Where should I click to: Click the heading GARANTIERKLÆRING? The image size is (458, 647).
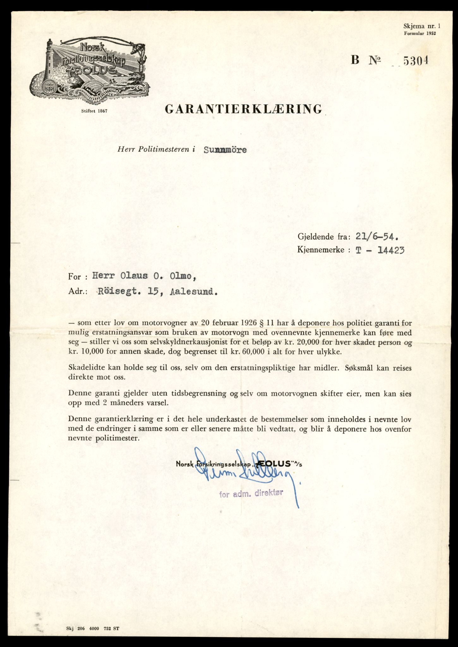243,109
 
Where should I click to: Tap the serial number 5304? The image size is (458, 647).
416,60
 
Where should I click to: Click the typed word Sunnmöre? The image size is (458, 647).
225,150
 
